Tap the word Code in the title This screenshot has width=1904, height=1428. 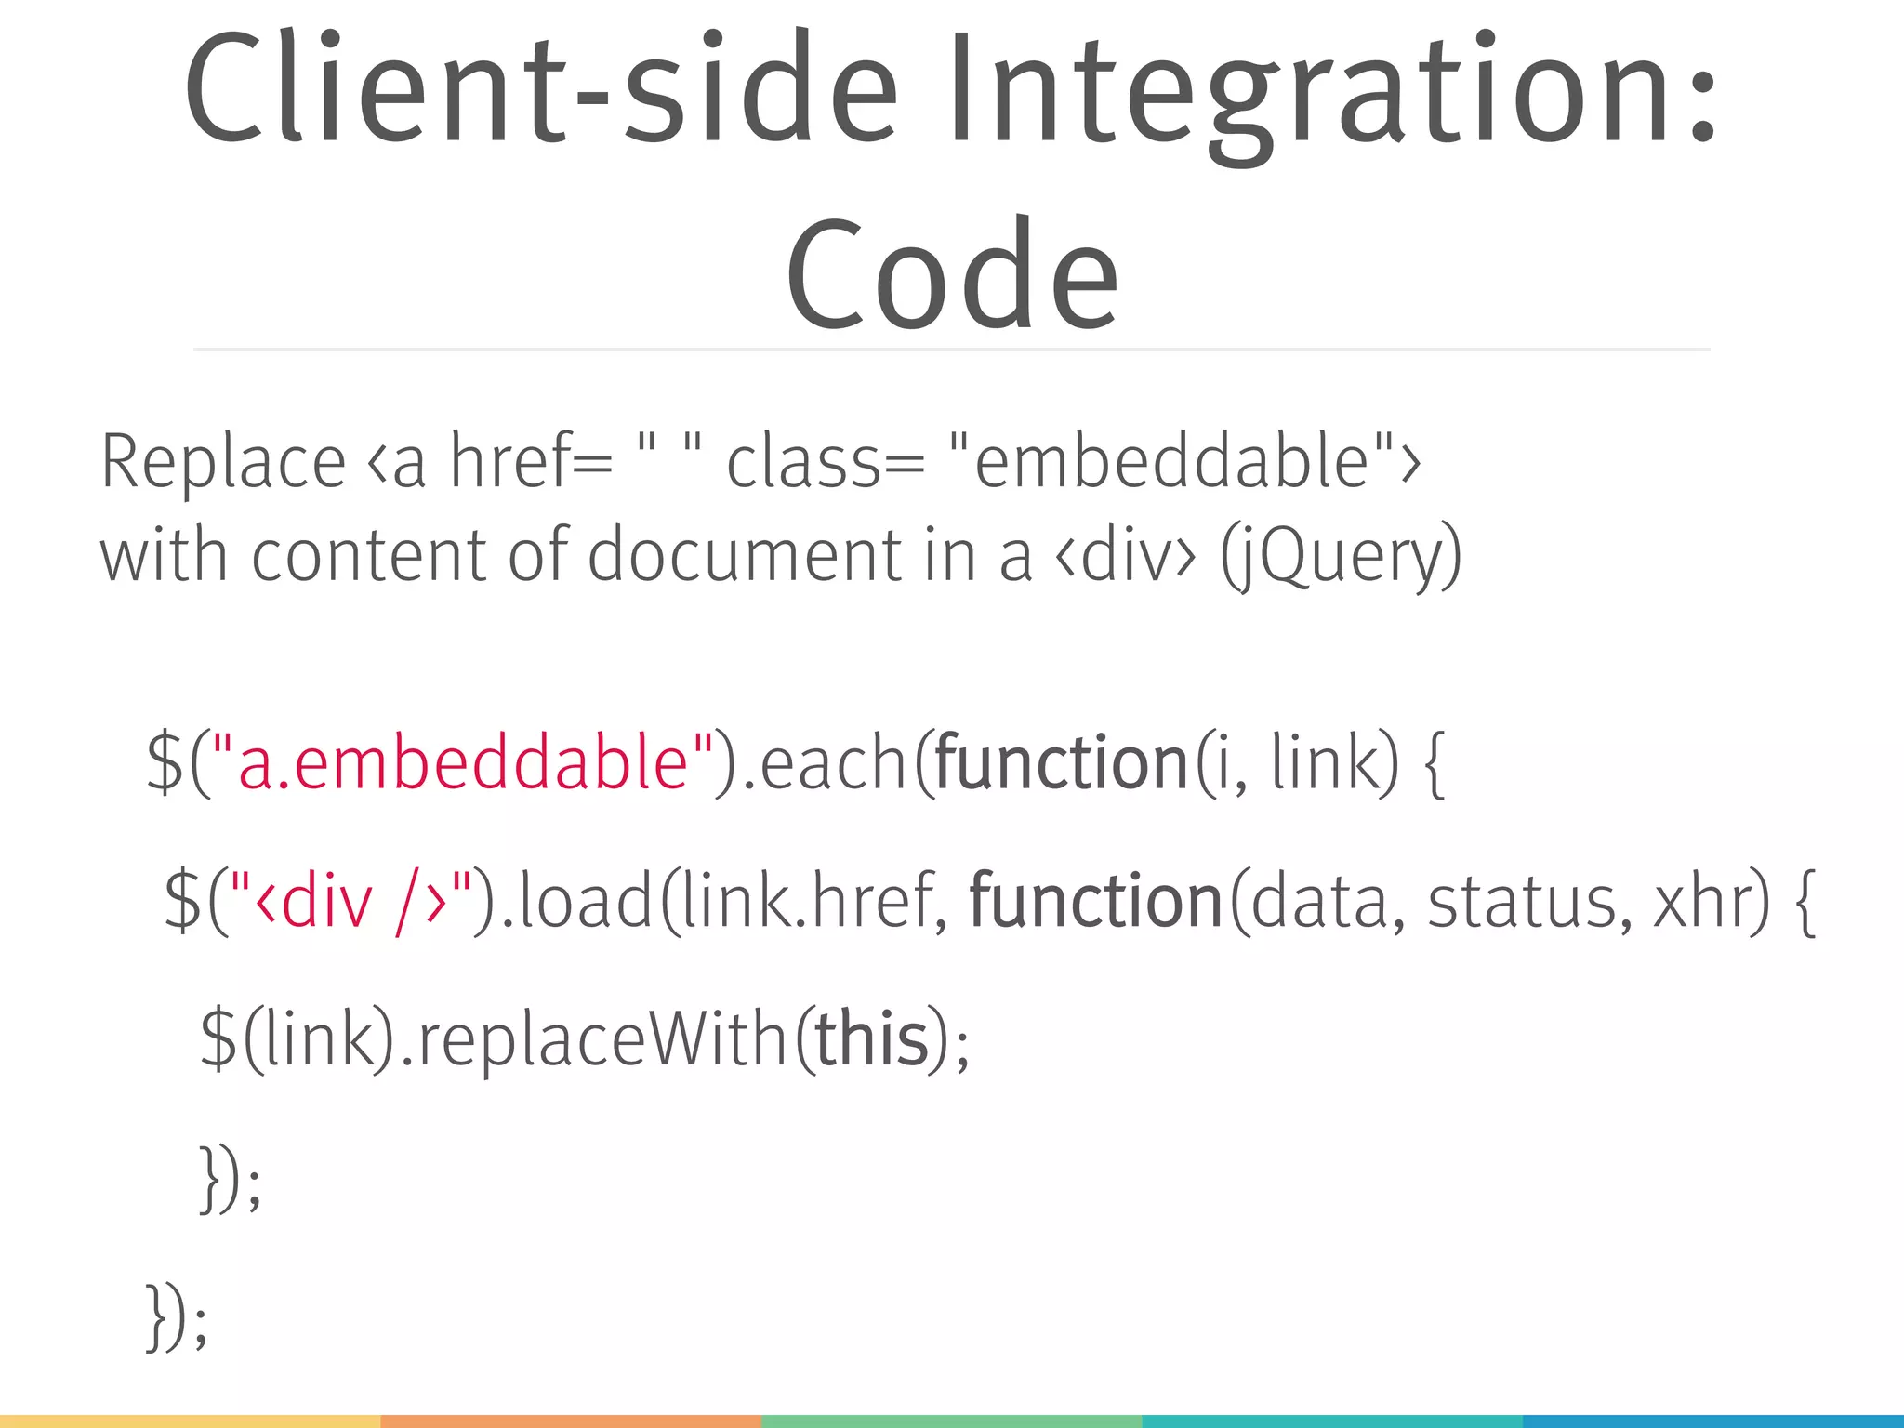pyautogui.click(x=952, y=275)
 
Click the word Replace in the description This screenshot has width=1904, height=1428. pyautogui.click(x=223, y=462)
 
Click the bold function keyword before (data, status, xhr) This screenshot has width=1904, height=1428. pyautogui.click(x=1096, y=902)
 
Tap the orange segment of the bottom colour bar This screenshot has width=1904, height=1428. pyautogui.click(x=571, y=1421)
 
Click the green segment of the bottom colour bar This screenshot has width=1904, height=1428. pyautogui.click(x=951, y=1421)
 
